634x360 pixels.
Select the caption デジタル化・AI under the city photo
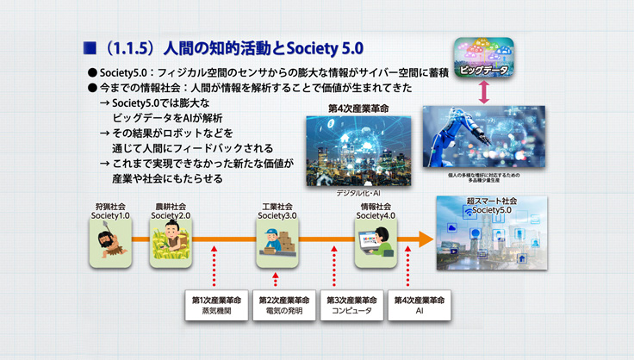pos(358,195)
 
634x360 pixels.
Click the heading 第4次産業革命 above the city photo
pos(358,109)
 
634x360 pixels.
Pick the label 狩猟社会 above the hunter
pos(110,207)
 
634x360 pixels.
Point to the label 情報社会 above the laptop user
pos(375,207)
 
